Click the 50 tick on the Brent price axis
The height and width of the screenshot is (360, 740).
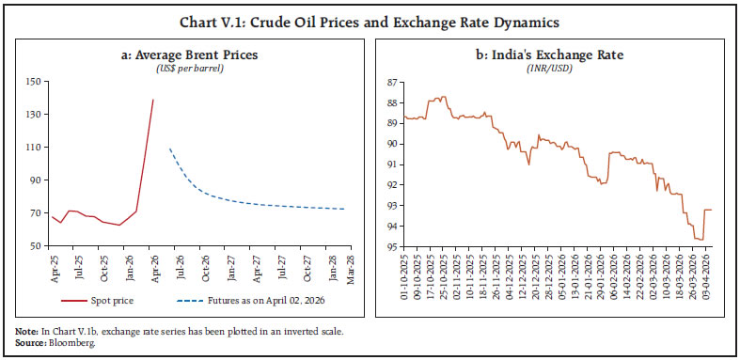(x=34, y=246)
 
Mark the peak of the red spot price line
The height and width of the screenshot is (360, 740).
(x=153, y=100)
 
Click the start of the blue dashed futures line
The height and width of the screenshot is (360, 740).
(x=169, y=149)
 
